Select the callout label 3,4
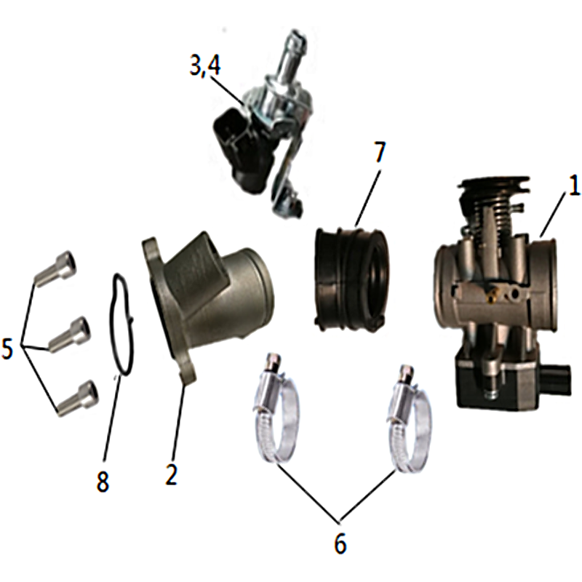pyautogui.click(x=205, y=65)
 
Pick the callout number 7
pyautogui.click(x=378, y=151)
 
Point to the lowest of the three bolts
pyautogui.click(x=79, y=398)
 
